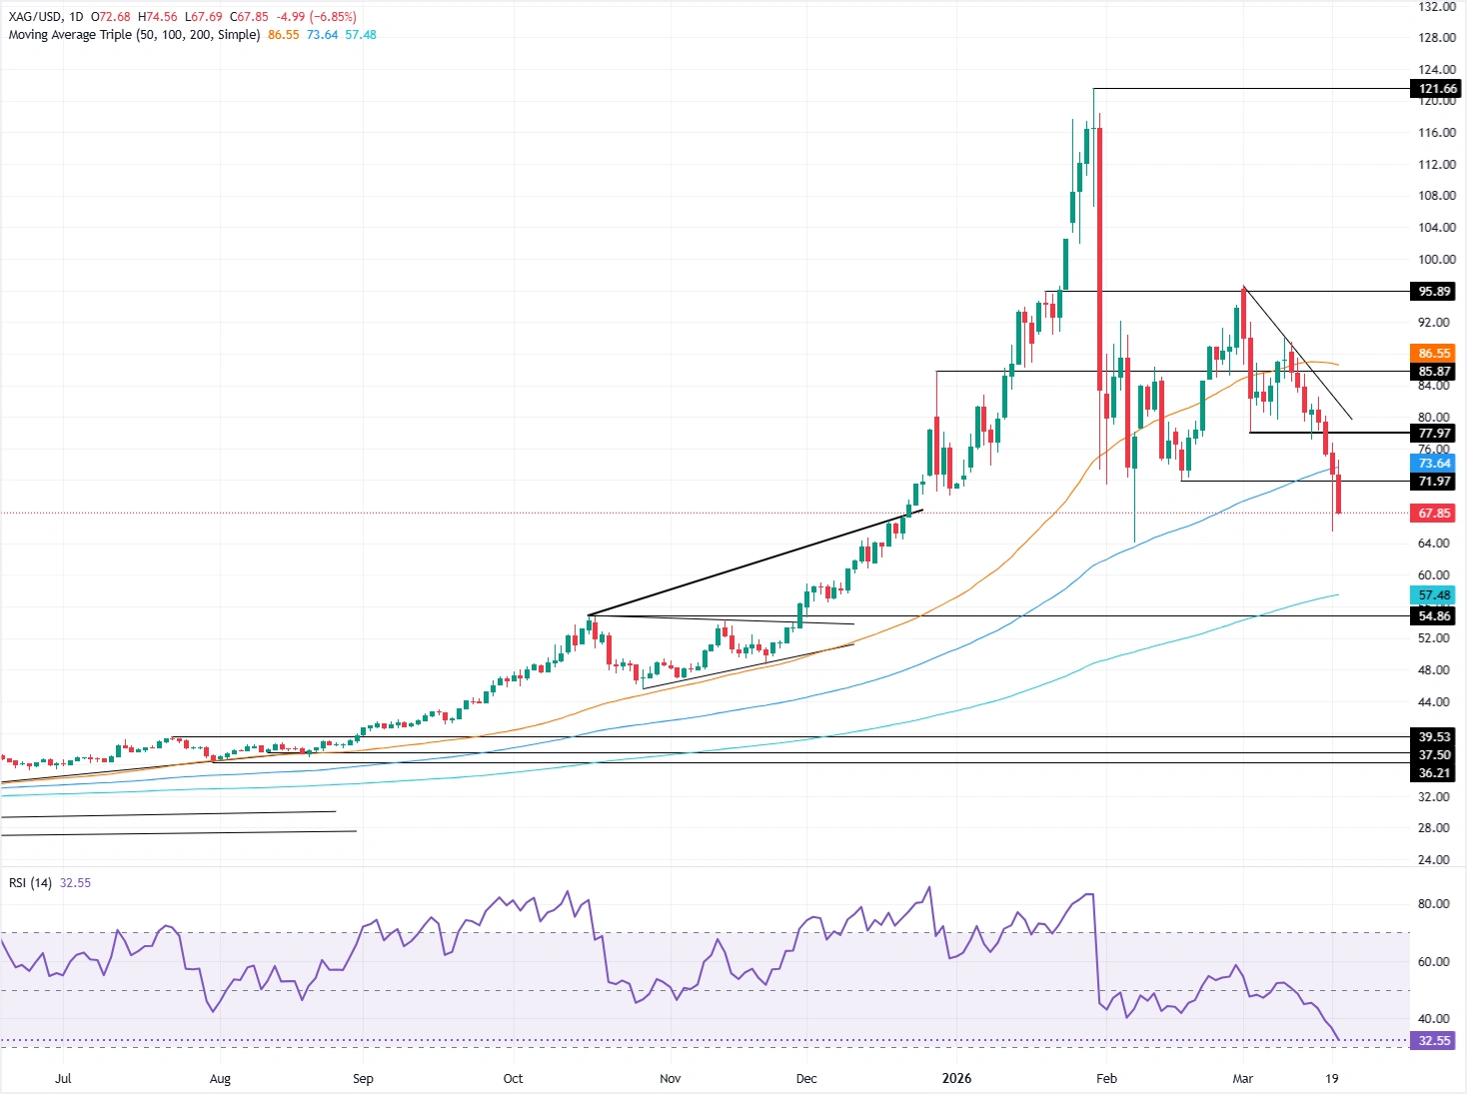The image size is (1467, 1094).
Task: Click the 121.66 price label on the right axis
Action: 1437,89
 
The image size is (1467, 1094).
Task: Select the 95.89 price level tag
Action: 1434,292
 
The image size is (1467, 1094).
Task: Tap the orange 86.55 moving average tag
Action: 1434,354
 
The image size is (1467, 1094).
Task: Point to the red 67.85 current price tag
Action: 1434,514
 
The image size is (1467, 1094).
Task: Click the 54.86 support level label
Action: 1434,616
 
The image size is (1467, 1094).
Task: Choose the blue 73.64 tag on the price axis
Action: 1434,464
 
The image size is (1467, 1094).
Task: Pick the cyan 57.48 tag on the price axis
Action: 1434,595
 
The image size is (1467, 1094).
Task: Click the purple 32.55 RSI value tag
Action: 1434,1041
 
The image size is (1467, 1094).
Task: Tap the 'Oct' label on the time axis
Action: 513,1079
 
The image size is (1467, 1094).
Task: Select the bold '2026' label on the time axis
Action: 956,1079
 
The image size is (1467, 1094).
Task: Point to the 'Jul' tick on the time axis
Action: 63,1079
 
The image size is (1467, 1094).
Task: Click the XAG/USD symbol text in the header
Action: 35,17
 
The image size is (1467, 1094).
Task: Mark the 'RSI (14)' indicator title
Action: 30,883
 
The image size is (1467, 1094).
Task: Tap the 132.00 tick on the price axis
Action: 1436,7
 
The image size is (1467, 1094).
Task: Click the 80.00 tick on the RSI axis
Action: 1433,904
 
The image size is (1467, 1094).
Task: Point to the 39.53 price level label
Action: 1434,737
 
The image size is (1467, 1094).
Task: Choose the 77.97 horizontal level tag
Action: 1434,434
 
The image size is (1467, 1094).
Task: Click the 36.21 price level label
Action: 1434,773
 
